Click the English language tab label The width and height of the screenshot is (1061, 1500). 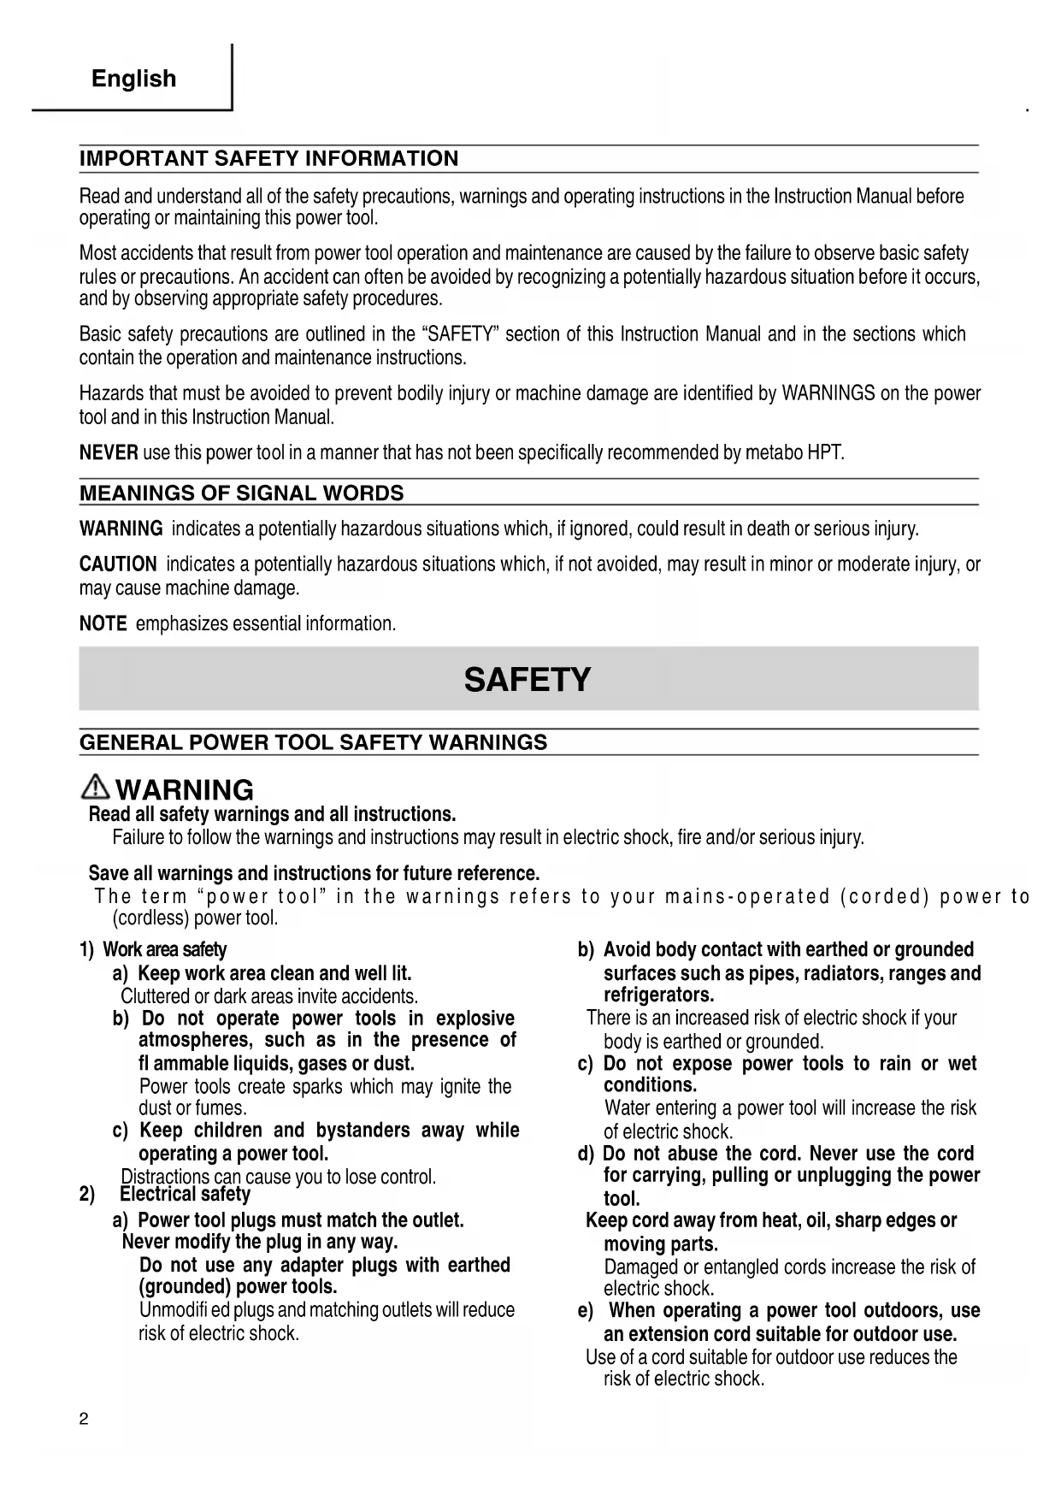133,79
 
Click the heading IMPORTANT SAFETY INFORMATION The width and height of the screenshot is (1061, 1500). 268,159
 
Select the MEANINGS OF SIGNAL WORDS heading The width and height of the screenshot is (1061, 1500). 241,493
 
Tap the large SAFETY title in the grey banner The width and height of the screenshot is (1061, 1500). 528,680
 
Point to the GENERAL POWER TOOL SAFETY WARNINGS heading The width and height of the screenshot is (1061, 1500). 313,742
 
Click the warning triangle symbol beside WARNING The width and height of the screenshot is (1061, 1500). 97,788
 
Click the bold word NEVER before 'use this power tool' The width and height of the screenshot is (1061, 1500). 109,452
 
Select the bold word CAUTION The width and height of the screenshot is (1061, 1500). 118,564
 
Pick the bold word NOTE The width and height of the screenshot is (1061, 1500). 103,623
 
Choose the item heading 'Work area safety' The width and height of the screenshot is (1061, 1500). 164,949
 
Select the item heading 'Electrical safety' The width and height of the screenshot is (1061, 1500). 185,1195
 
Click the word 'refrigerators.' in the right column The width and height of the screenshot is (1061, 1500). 658,995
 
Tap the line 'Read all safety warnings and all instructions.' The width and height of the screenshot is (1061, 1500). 272,813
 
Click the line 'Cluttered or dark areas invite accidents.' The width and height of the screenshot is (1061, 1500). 269,996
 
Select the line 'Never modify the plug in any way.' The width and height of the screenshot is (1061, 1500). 260,1242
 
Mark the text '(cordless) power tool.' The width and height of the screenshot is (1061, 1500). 196,919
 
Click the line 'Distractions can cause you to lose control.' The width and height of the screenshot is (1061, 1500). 279,1177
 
